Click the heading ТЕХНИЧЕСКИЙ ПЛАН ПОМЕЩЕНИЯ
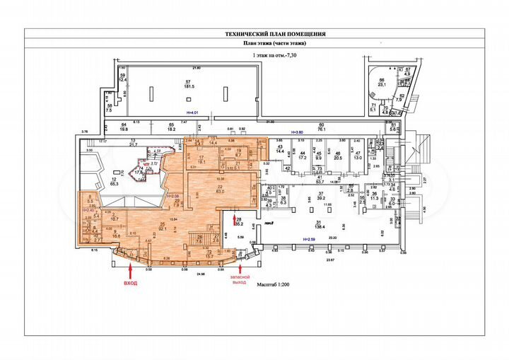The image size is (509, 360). coord(255,33)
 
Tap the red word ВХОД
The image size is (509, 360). coord(131,283)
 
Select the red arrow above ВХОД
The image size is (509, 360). coord(131,269)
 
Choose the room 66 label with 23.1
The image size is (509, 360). coord(382,83)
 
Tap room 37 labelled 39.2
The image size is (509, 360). coord(320,196)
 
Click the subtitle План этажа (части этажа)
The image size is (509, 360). coord(255,44)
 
